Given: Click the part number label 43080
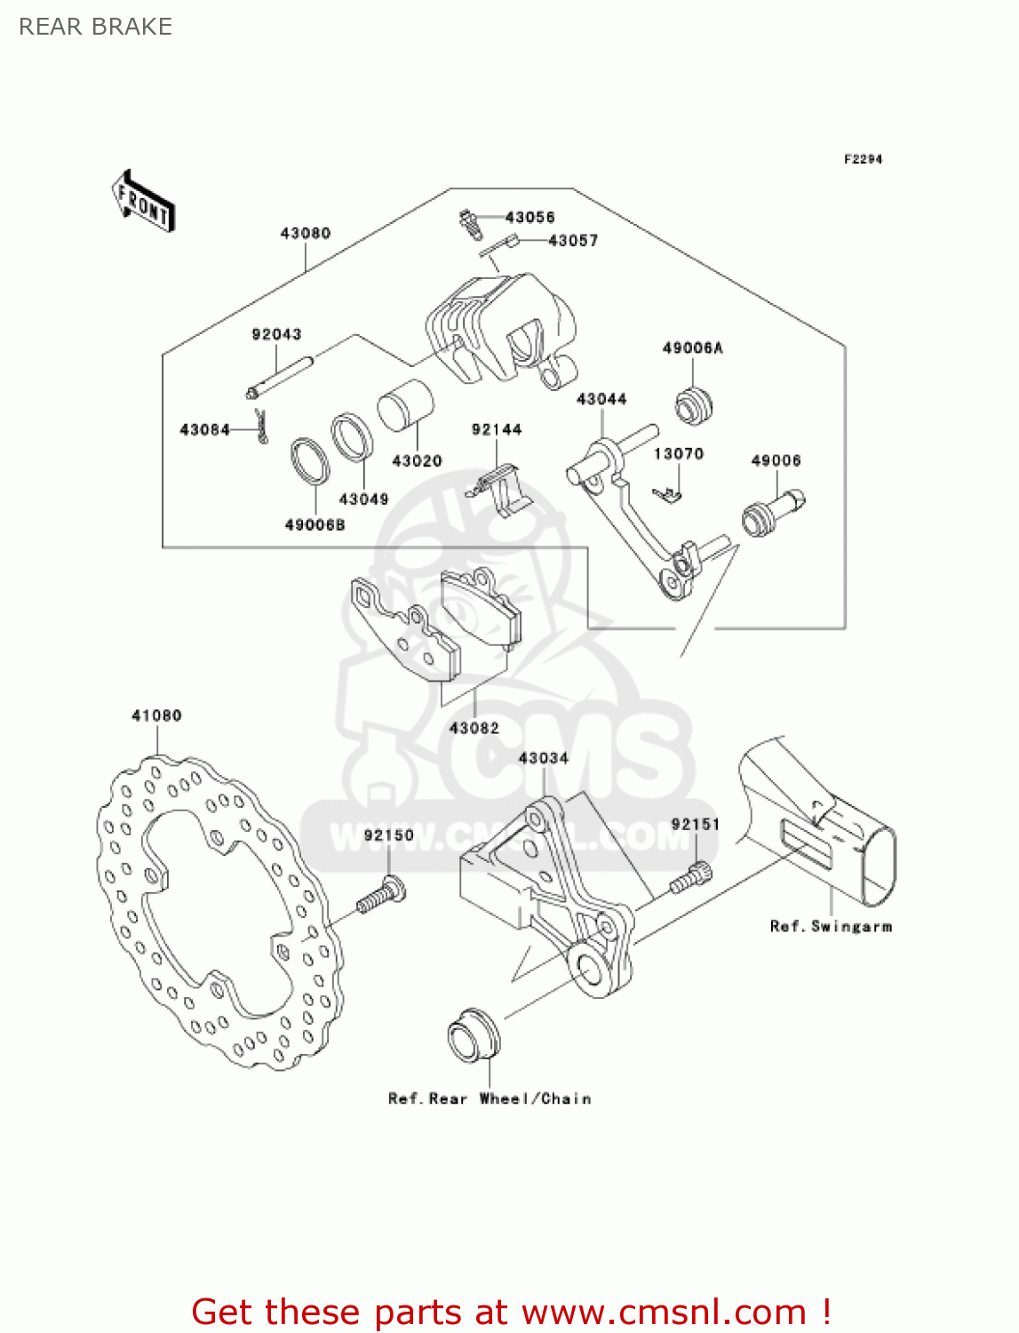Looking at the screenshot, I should pos(305,233).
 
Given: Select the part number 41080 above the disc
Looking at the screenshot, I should pos(156,715).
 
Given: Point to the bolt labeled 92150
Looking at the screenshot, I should pos(382,896).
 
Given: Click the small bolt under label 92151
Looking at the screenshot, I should pos(690,879).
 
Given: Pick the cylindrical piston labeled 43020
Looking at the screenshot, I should pos(405,406).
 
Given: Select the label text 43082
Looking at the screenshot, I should pos(474,728).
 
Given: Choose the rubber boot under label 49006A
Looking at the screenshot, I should pos(693,405).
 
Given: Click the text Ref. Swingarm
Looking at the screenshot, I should pos(831,926).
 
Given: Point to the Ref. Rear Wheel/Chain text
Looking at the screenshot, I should pos(490,1098).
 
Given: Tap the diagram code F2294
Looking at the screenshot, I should pos(863,159).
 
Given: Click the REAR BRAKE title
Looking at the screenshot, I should pos(96,27).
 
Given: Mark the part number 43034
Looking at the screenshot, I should pos(543,758).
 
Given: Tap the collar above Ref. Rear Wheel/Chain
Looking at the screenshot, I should pos(473,1035).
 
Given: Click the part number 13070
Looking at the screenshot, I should pos(679,454).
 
